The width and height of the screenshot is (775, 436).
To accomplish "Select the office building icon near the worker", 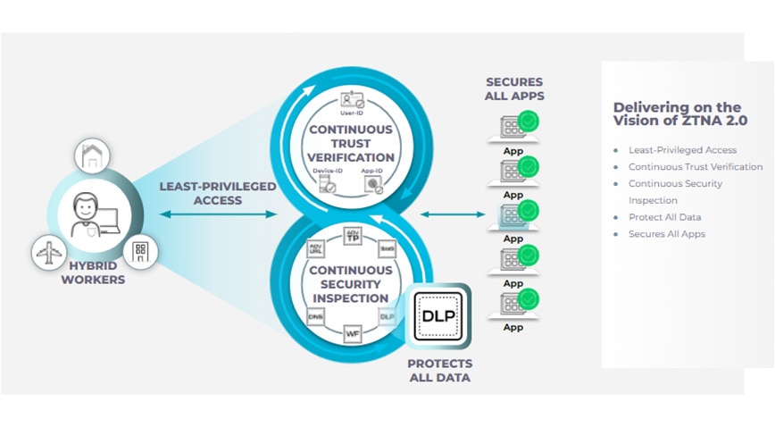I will (140, 250).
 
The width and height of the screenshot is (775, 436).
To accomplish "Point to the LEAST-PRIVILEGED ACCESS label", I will (218, 194).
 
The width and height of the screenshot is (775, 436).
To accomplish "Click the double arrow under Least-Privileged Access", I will (218, 214).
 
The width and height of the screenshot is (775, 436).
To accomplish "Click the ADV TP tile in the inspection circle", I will (352, 238).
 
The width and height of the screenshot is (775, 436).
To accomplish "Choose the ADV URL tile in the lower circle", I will (315, 248).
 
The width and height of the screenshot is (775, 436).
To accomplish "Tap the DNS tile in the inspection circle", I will (315, 315).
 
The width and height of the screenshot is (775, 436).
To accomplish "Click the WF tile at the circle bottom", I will (352, 333).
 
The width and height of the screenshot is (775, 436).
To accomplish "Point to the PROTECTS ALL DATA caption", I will (439, 371).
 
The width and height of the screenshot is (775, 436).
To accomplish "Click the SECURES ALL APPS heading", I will (514, 89).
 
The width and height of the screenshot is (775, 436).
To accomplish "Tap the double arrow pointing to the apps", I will (454, 214).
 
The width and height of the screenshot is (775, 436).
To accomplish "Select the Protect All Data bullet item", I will (665, 217).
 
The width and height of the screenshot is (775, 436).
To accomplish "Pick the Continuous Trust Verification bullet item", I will (696, 167).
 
